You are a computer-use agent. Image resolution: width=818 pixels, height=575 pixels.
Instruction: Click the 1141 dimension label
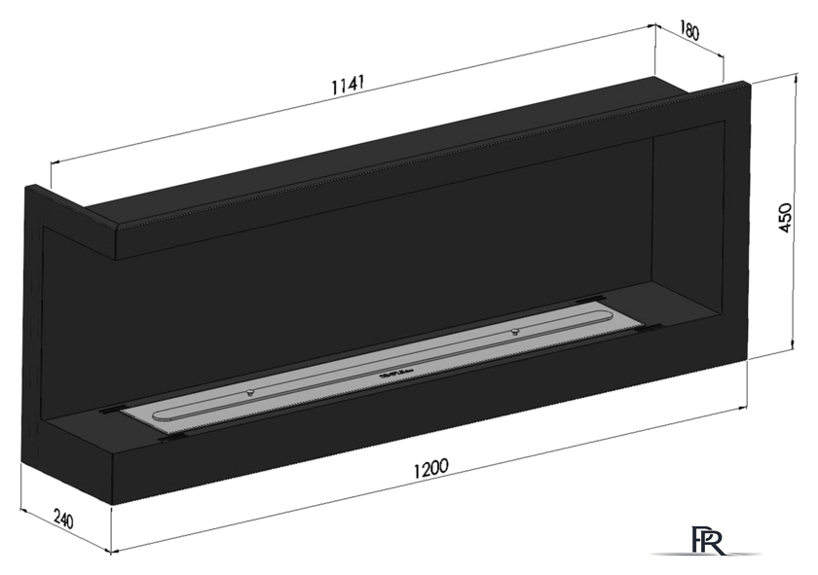point(348,85)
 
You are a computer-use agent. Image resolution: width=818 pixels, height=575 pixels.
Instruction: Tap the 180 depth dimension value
point(688,32)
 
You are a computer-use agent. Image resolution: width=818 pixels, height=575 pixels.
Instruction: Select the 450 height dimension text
point(785,218)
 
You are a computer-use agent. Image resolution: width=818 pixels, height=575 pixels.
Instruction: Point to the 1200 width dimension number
point(430,468)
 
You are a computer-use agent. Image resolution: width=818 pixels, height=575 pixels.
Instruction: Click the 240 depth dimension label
point(63,519)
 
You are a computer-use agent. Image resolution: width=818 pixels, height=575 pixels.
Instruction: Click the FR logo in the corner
point(708,541)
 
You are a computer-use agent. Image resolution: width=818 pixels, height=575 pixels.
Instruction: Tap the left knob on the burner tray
point(250,392)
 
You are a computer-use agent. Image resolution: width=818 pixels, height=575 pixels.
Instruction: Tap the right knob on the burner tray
point(515,331)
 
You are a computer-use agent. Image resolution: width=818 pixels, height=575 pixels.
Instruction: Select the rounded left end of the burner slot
point(157,415)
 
